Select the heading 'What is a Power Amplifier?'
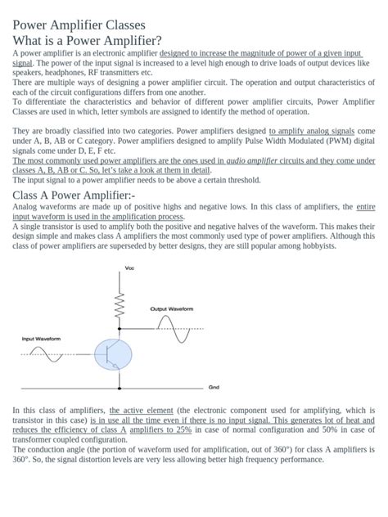pyautogui.click(x=87, y=41)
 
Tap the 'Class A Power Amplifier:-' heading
pyautogui.click(x=74, y=195)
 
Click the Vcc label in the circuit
pyautogui.click(x=129, y=268)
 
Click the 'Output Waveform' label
pyautogui.click(x=172, y=309)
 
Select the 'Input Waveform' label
pyautogui.click(x=41, y=338)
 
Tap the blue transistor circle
pyautogui.click(x=112, y=354)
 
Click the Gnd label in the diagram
pyautogui.click(x=214, y=387)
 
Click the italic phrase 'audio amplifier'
pyautogui.click(x=251, y=160)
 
